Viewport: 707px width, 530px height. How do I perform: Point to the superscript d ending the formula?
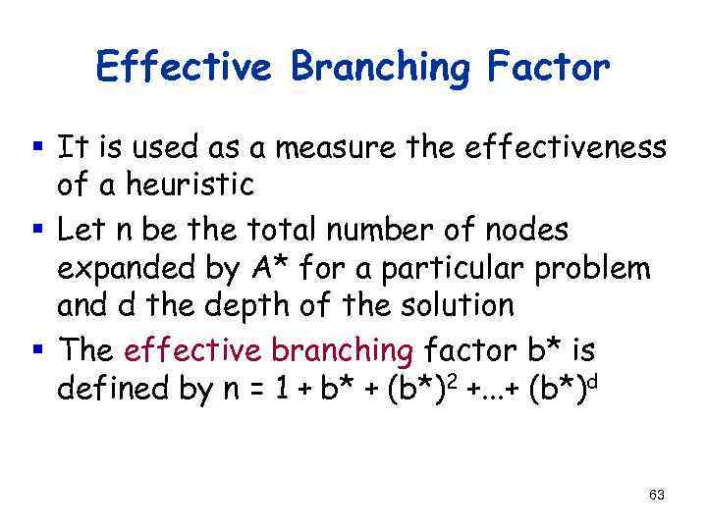pos(595,378)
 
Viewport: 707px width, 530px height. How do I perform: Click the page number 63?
pos(657,496)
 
